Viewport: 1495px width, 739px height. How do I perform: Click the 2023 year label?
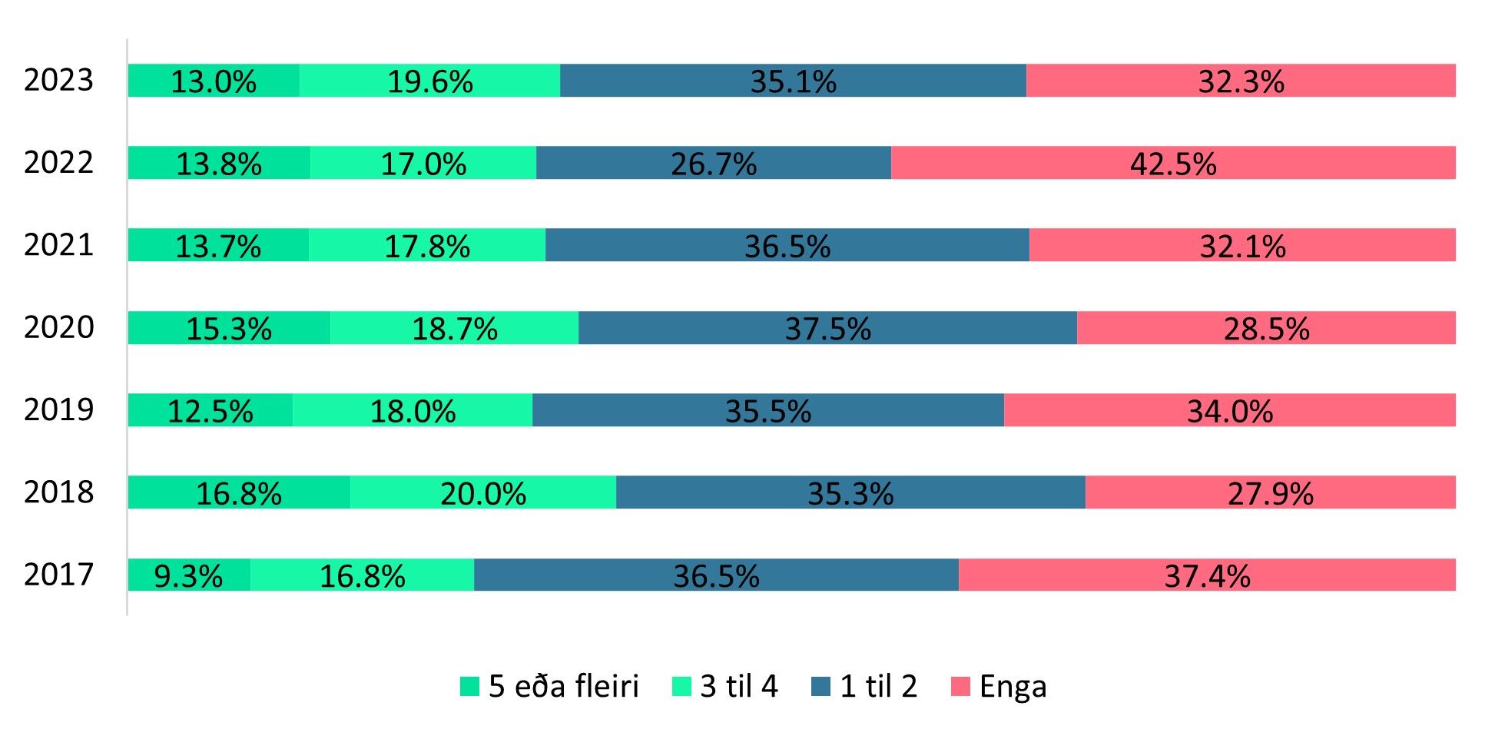tap(58, 81)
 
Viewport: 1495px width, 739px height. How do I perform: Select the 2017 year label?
tap(58, 575)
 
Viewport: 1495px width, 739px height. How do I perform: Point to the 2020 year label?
tap(58, 327)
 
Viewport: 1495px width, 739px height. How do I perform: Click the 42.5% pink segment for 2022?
tap(1173, 163)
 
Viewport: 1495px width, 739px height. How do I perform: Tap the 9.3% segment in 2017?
tap(189, 575)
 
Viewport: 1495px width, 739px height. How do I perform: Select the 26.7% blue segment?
tap(714, 163)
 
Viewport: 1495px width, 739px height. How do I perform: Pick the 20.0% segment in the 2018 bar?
tap(483, 492)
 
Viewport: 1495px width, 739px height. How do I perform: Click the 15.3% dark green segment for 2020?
tap(229, 328)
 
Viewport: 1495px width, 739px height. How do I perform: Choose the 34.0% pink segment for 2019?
tap(1229, 410)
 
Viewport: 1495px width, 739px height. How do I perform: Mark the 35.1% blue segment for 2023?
tap(793, 81)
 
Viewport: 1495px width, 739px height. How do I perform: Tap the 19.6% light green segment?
tap(429, 81)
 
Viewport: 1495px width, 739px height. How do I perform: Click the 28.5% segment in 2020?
tap(1266, 328)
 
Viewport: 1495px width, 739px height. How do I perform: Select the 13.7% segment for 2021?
tap(218, 245)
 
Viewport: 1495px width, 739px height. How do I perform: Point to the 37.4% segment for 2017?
tap(1207, 575)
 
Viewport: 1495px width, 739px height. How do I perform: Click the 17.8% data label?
tap(427, 247)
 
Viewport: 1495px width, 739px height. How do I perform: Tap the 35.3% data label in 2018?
tap(850, 494)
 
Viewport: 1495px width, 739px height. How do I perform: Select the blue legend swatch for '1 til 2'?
tap(821, 686)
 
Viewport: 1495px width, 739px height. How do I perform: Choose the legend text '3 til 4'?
tap(738, 686)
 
